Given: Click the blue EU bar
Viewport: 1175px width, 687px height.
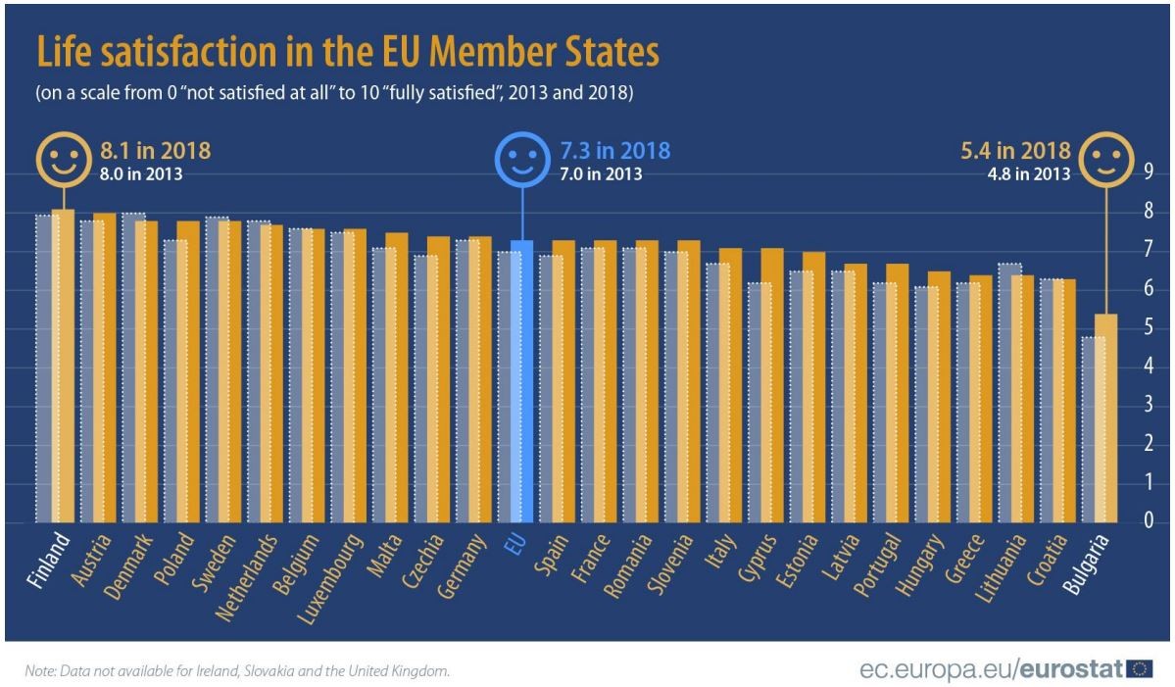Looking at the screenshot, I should pos(523,382).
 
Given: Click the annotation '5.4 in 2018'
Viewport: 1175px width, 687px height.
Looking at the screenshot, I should pos(1012,152).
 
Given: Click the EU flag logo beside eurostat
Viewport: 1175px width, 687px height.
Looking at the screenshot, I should pos(1139,669).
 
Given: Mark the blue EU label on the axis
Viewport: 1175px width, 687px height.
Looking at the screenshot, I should pos(512,545).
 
